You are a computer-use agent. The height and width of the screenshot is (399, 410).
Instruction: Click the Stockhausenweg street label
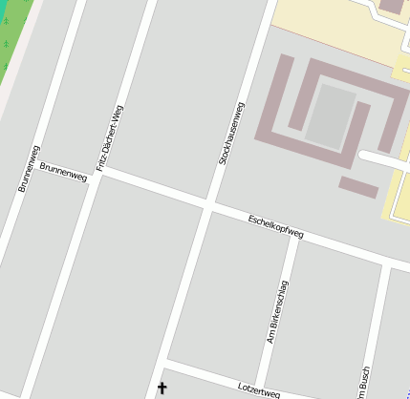232,133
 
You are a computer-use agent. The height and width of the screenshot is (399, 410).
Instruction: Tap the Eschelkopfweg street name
275,226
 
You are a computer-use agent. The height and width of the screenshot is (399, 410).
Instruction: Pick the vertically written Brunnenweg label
29,168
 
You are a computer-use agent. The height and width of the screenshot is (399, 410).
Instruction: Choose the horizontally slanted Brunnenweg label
63,172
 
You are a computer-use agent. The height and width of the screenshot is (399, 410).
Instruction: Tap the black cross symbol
161,388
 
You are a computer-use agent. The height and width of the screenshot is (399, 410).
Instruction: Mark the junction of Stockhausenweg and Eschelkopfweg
208,204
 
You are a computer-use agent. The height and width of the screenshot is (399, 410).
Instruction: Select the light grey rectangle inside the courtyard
329,115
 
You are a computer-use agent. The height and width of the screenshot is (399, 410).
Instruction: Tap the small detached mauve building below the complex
358,187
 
